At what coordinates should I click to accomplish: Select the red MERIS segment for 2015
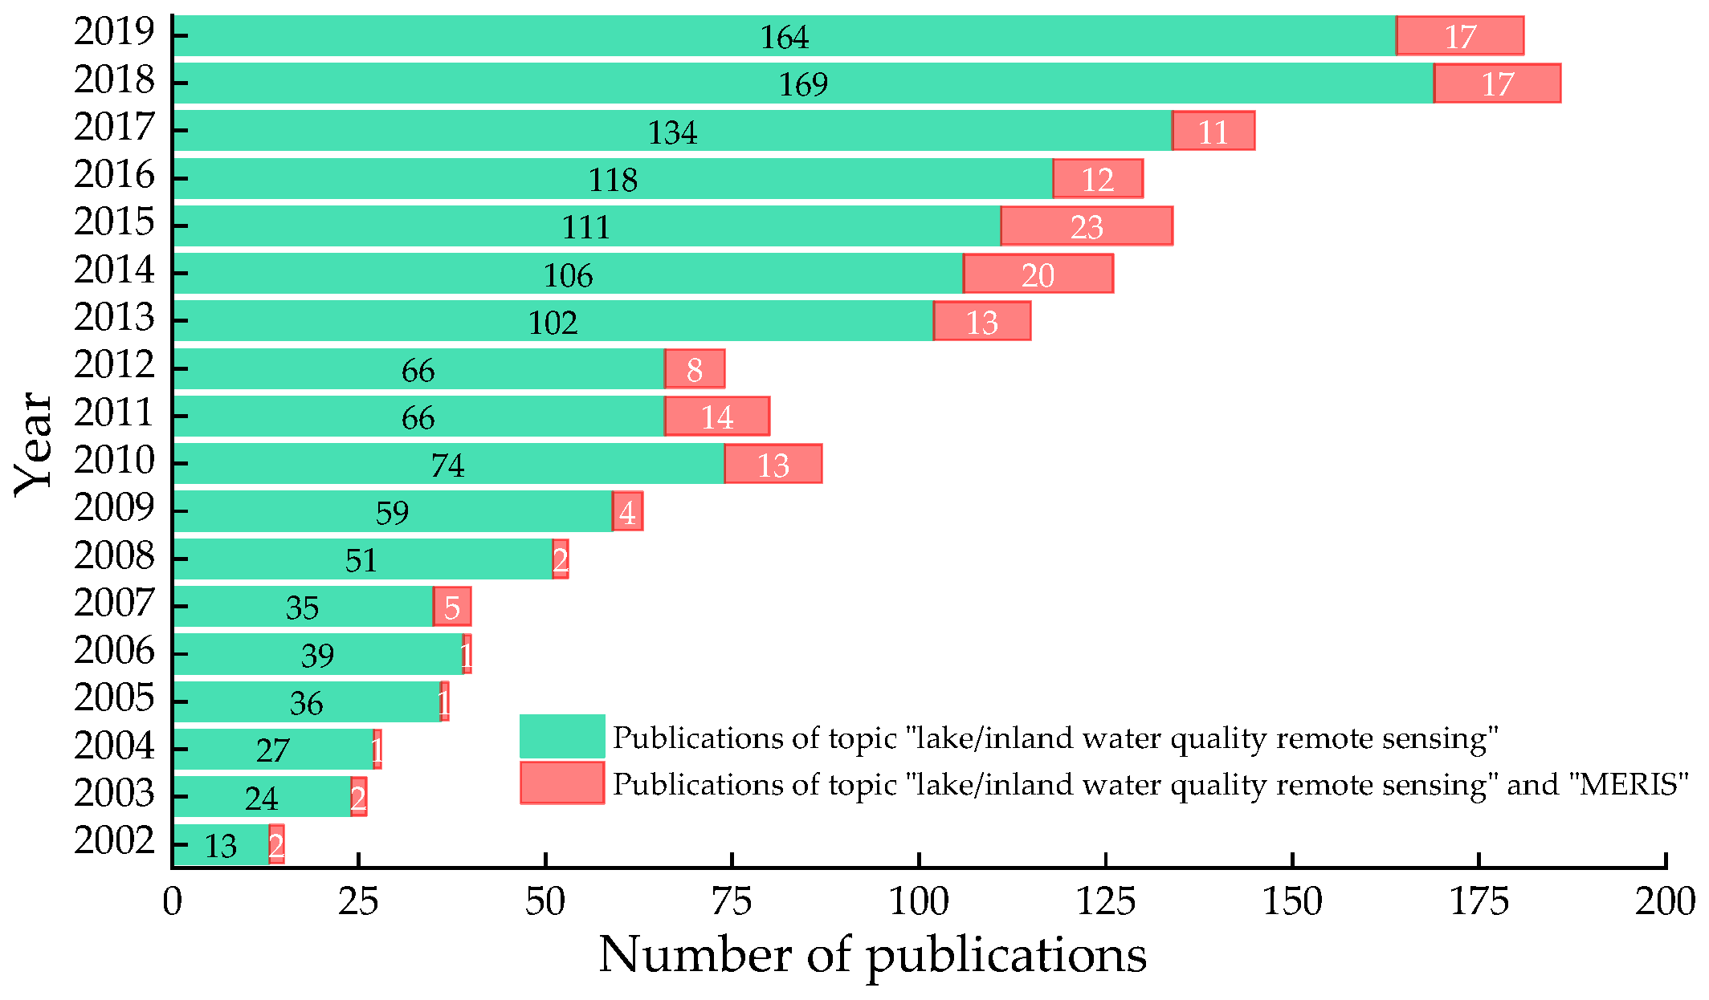point(1087,226)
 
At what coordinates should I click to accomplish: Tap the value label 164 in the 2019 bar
point(784,37)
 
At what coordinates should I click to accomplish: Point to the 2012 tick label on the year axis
point(114,365)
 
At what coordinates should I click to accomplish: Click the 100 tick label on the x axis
point(918,902)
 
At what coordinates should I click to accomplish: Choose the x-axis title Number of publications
point(872,955)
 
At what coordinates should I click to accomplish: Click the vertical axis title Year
point(34,444)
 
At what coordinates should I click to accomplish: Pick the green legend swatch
point(561,736)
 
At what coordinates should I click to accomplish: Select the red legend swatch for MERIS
point(561,783)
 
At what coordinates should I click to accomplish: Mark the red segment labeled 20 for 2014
point(1038,274)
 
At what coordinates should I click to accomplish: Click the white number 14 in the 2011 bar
point(716,417)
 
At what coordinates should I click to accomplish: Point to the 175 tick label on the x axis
point(1479,902)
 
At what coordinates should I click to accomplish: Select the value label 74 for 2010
point(447,465)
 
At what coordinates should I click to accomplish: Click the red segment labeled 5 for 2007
point(452,608)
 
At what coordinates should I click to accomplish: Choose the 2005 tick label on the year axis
point(114,698)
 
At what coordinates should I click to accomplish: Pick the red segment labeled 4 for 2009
point(627,512)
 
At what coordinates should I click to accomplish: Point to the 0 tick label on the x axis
point(172,902)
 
